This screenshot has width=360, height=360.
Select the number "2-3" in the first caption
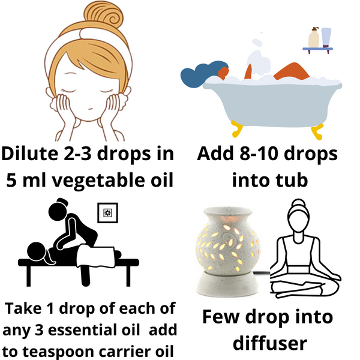pos(98,154)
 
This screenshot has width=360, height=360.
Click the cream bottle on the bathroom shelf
pos(313,38)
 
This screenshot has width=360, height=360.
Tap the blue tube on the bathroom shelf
pos(326,37)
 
